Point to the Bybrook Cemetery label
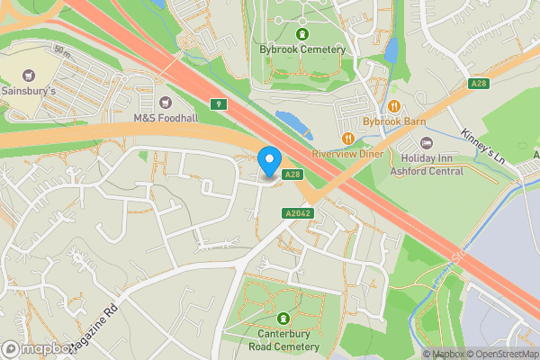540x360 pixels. tap(301, 49)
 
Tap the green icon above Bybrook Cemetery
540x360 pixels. tap(301, 34)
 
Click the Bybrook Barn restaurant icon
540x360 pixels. tap(394, 105)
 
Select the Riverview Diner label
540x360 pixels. tap(347, 154)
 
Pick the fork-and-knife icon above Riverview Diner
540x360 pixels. tap(347, 138)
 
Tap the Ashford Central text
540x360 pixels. tap(427, 171)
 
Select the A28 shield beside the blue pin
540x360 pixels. tap(291, 174)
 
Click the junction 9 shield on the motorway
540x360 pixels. tap(218, 104)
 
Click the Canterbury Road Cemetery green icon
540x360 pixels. tap(283, 318)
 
